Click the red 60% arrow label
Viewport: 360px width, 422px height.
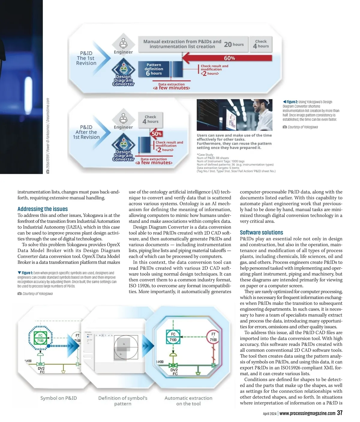click(x=229, y=58)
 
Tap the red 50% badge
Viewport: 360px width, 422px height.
click(x=157, y=134)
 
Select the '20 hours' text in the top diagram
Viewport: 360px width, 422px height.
click(x=234, y=44)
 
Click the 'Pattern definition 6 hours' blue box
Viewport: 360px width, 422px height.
click(x=154, y=69)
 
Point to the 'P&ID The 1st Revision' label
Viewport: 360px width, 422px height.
click(x=86, y=58)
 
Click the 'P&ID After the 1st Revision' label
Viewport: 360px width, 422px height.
click(x=86, y=132)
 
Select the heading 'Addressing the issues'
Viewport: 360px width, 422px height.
click(x=43, y=209)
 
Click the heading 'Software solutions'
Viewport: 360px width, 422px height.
click(x=261, y=232)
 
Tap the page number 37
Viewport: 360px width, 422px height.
click(x=340, y=413)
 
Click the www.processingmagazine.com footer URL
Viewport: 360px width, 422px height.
click(x=307, y=413)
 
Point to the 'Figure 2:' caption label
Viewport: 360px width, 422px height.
click(x=292, y=102)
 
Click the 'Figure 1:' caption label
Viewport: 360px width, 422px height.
click(x=27, y=273)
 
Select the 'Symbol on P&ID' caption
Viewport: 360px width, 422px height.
click(x=58, y=398)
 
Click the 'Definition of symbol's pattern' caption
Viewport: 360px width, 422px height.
click(x=123, y=401)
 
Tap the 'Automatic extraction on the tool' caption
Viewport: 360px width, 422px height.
click(x=188, y=401)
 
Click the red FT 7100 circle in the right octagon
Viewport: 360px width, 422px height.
click(x=213, y=337)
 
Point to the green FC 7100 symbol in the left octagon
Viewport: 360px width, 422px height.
click(x=40, y=338)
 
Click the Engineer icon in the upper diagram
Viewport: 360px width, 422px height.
click(x=123, y=43)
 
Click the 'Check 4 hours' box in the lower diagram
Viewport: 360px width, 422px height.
click(x=150, y=119)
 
